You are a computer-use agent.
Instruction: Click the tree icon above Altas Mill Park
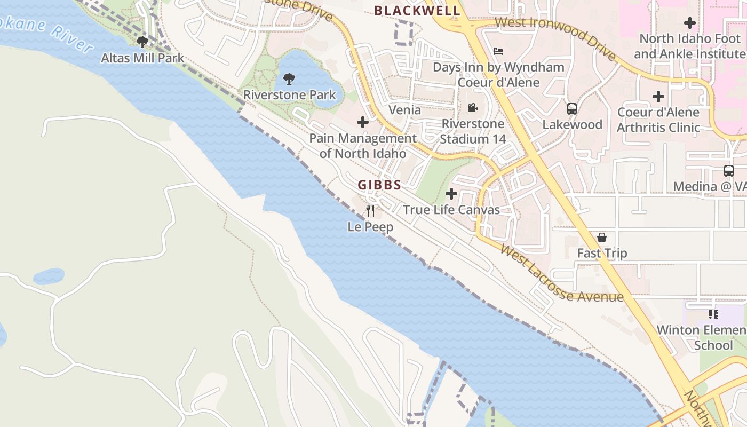coord(142,42)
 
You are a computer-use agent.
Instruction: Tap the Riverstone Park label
coord(289,95)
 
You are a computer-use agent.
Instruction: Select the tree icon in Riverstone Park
coord(289,80)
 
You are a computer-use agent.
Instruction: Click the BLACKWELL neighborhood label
coord(417,11)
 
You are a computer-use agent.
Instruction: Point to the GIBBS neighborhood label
coord(379,185)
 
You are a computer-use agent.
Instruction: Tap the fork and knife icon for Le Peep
coord(370,211)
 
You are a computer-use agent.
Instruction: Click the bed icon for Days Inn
coord(498,51)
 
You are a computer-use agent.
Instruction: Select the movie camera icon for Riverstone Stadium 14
coord(472,108)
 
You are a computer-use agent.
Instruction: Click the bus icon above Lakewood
coord(572,109)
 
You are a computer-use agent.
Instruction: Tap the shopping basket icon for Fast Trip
coord(602,238)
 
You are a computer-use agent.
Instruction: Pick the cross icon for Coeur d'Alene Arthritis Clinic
coord(658,97)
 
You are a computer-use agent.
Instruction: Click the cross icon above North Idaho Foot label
coord(690,23)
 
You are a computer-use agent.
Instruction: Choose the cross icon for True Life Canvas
coord(451,194)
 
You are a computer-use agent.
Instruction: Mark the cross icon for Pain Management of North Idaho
coord(363,122)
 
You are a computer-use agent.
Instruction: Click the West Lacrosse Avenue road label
coord(561,273)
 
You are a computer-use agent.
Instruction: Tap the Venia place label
coord(404,110)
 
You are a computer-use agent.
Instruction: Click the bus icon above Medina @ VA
coord(729,171)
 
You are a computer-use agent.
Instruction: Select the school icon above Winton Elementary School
coord(713,314)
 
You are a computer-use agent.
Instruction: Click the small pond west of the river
coord(49,276)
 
